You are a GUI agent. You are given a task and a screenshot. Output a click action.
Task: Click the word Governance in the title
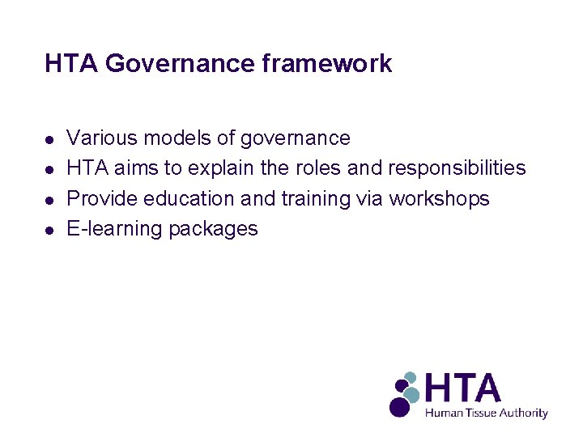[x=180, y=64]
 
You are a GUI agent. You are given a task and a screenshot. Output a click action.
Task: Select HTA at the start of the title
[x=72, y=64]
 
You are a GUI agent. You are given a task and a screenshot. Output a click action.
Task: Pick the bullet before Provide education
[x=50, y=200]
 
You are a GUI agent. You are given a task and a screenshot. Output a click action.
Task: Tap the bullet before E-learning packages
[x=50, y=230]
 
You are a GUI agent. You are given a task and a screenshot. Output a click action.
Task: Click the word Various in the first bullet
[x=101, y=138]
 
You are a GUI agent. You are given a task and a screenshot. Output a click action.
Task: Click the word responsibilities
[x=457, y=168]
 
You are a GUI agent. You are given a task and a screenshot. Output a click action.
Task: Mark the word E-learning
[x=114, y=229]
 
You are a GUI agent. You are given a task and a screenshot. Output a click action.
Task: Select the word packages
[x=213, y=229]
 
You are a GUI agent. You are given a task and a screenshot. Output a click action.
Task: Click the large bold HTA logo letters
[x=462, y=388]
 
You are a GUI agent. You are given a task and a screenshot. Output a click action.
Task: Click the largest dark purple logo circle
[x=399, y=406]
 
